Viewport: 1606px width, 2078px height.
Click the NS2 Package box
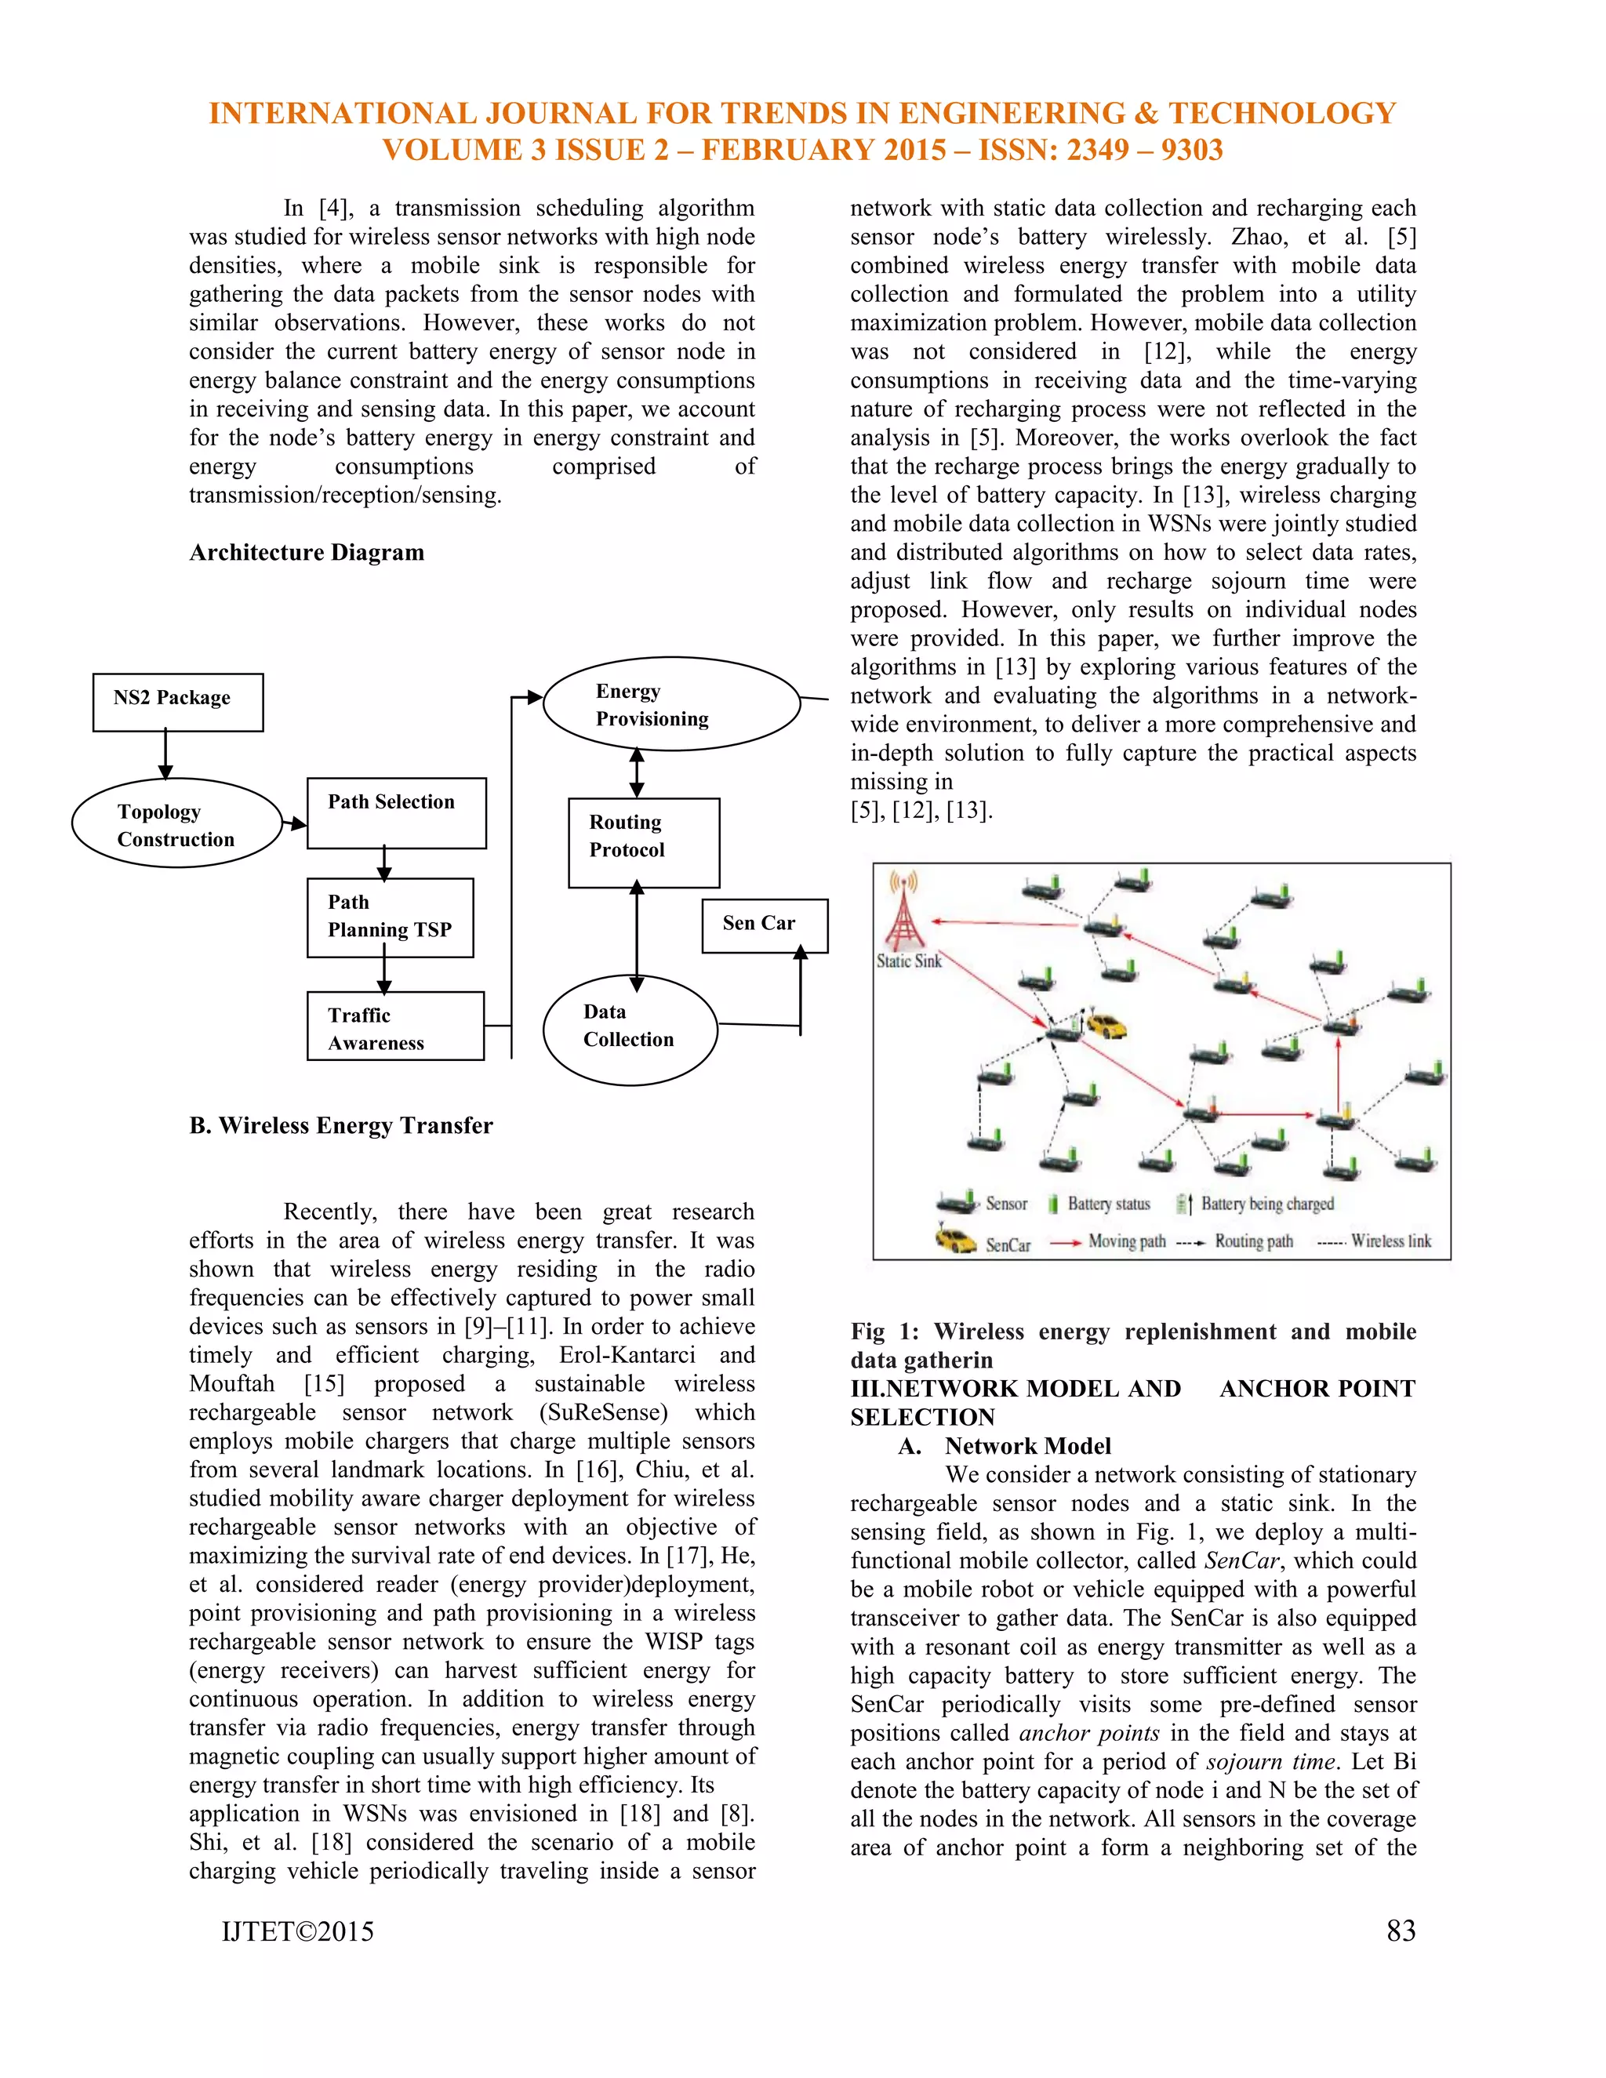tap(178, 702)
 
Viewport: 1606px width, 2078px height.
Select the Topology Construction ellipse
tap(177, 824)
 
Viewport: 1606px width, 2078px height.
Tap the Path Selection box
tap(396, 813)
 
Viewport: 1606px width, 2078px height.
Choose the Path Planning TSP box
tap(390, 917)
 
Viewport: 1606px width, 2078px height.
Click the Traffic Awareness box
tap(395, 1026)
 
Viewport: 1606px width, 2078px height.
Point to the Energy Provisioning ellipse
tap(672, 704)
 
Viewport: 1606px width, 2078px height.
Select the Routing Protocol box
tap(643, 843)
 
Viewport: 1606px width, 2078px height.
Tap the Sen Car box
tap(764, 925)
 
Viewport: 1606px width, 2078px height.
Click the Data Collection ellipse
tap(630, 1030)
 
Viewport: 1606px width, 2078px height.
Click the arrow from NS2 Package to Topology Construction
tap(165, 754)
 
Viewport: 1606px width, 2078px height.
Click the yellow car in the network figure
tap(1106, 1026)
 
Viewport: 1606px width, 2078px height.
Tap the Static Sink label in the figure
tap(909, 961)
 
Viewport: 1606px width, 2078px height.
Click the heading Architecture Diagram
tap(307, 553)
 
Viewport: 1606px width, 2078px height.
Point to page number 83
tap(1401, 1931)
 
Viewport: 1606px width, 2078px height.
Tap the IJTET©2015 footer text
tap(298, 1931)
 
